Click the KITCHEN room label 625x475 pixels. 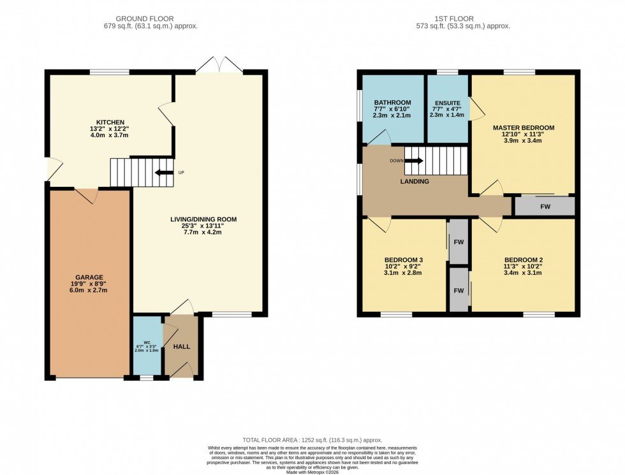pyautogui.click(x=110, y=122)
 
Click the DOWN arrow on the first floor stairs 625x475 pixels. pyautogui.click(x=413, y=161)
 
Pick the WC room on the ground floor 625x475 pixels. pyautogui.click(x=147, y=344)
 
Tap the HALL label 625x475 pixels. pyautogui.click(x=182, y=346)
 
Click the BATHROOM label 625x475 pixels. pyautogui.click(x=392, y=103)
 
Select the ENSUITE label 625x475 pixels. pyautogui.click(x=448, y=103)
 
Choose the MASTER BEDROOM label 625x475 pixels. pyautogui.click(x=524, y=128)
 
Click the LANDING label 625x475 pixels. pyautogui.click(x=415, y=182)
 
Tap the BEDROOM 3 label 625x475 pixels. pyautogui.click(x=404, y=259)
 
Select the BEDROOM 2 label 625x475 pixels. pyautogui.click(x=524, y=259)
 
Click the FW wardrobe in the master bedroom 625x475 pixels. pyautogui.click(x=545, y=207)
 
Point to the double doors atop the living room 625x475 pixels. pyautogui.click(x=219, y=64)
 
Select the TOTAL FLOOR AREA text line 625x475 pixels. pyautogui.click(x=312, y=441)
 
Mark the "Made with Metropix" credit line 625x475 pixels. pyautogui.click(x=312, y=471)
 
